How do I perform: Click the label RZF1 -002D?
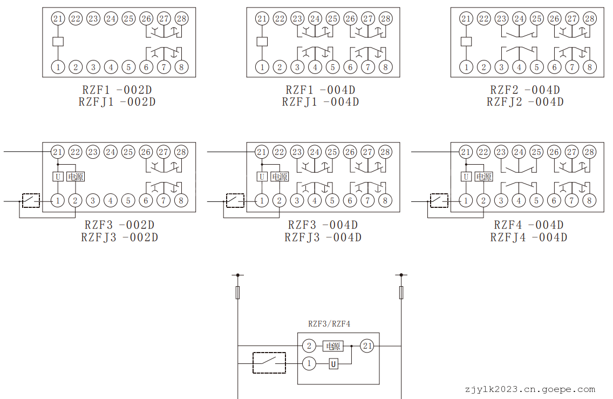coord(119,90)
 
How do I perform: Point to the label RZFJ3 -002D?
coord(119,237)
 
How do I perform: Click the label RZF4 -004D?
coord(528,225)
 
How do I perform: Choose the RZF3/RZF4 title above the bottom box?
coord(329,324)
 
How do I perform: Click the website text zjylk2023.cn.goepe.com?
coord(529,389)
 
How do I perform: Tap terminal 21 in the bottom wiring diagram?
coord(367,346)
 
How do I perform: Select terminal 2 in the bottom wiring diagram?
coord(309,346)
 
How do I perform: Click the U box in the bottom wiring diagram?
coord(333,364)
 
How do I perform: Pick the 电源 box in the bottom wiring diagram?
coord(333,346)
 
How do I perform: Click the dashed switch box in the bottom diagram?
coord(269,362)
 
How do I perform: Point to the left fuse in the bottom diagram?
coord(238,293)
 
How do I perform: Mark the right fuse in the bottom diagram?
coord(401,293)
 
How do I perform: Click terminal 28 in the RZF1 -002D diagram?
coord(181,19)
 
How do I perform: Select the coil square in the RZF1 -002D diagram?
coord(58,42)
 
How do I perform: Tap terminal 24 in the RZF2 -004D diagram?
coord(519,19)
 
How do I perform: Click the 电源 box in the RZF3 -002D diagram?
coord(76,177)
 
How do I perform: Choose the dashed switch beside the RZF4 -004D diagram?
coord(438,201)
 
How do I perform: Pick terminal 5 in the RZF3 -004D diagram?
coord(332,201)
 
